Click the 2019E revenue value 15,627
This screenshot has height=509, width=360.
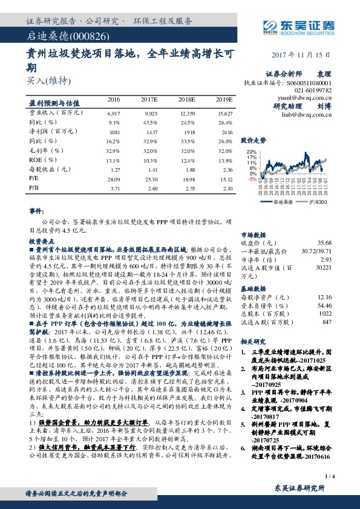click(x=224, y=113)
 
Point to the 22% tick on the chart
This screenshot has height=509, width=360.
click(x=252, y=152)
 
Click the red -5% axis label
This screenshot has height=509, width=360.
click(x=251, y=180)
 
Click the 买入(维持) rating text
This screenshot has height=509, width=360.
click(x=49, y=80)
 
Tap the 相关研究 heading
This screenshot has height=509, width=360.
click(x=254, y=342)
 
